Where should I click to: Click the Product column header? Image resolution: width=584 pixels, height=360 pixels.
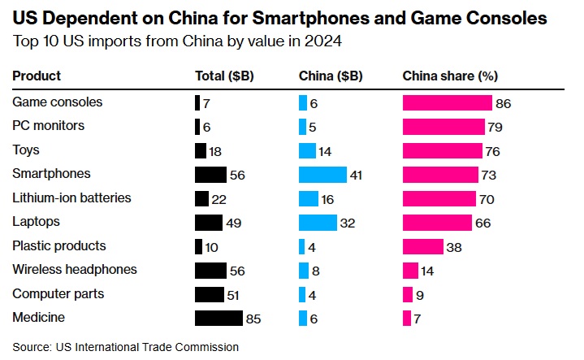point(37,76)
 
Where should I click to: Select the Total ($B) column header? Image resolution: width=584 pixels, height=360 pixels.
point(225,76)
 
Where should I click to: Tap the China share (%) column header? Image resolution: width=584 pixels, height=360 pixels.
point(450,76)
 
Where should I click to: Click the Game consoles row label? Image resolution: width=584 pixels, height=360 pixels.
point(57,102)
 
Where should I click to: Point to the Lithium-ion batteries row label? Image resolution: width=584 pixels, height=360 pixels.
point(71,198)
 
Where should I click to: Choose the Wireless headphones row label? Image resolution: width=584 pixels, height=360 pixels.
point(75,270)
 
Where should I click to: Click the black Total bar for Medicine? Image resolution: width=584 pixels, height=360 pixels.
point(218,319)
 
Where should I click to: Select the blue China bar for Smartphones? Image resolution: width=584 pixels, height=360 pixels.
point(322,175)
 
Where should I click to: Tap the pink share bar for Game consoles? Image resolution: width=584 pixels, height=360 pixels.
point(448,102)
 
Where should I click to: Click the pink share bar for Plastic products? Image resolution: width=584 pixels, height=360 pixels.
point(423,246)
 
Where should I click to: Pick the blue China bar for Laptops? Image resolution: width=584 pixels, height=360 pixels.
point(318,222)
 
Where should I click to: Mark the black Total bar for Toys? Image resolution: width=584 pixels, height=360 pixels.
point(201,150)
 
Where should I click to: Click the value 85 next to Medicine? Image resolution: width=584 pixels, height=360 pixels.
point(253,319)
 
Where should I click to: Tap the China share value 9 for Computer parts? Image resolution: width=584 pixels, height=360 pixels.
point(419,294)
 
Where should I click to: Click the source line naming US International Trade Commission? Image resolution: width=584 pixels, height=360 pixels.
point(125,346)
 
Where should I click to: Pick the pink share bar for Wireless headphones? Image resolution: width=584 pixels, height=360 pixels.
point(411,271)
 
